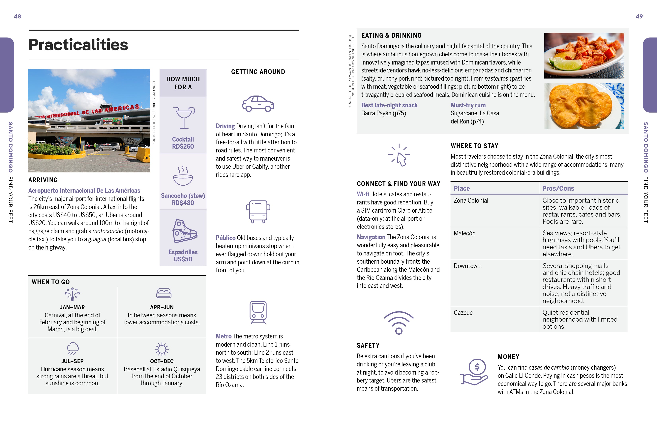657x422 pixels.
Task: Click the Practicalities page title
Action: click(x=78, y=45)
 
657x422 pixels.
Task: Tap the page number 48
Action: click(x=17, y=16)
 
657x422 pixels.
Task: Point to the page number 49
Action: click(x=639, y=16)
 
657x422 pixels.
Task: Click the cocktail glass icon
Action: click(x=184, y=118)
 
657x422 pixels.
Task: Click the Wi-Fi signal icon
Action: click(x=399, y=323)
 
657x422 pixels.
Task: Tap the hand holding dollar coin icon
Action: click(x=474, y=372)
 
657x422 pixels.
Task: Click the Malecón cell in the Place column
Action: click(x=464, y=233)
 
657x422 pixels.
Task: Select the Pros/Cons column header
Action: click(x=558, y=188)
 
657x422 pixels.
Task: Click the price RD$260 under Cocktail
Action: click(x=183, y=147)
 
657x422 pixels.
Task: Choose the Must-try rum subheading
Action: click(x=468, y=105)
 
